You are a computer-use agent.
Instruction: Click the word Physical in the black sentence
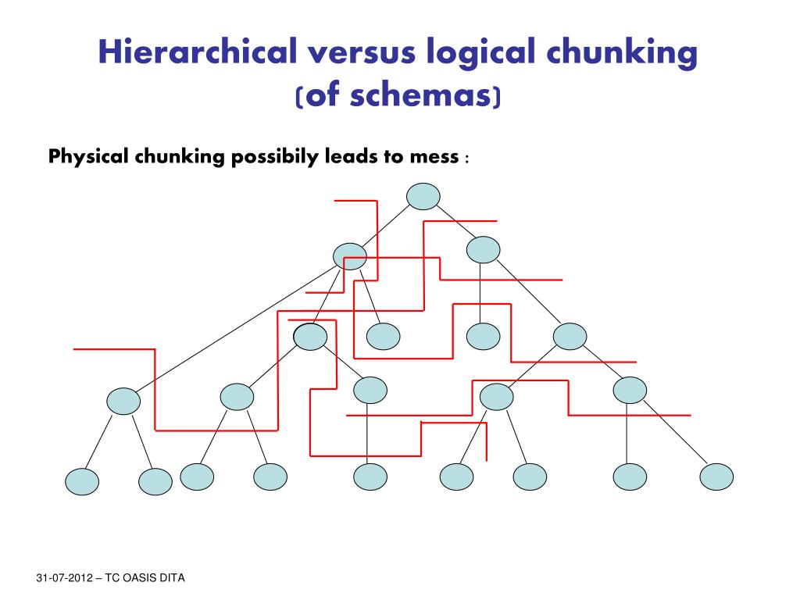coord(87,157)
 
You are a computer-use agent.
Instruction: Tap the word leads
coord(348,157)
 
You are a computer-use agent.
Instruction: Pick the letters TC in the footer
coord(108,578)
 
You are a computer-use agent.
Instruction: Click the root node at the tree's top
coord(423,196)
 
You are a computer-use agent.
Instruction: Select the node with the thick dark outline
coord(310,336)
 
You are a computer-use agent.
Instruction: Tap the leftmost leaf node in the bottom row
coord(82,482)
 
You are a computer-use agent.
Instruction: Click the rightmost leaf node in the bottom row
coord(717,476)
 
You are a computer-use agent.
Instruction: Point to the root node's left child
coord(349,255)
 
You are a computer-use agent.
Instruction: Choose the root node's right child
coord(483,249)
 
